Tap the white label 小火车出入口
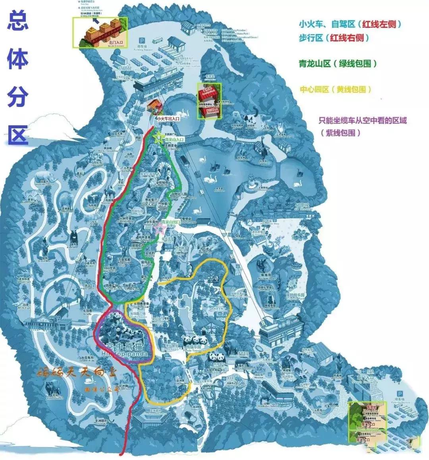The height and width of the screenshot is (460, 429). click(167, 118)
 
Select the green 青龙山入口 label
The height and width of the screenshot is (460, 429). click(175, 140)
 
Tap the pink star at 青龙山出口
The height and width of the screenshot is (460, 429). click(160, 228)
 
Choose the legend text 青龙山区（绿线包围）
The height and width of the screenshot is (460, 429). click(338, 64)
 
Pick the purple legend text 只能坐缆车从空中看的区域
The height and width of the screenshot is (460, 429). click(363, 120)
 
